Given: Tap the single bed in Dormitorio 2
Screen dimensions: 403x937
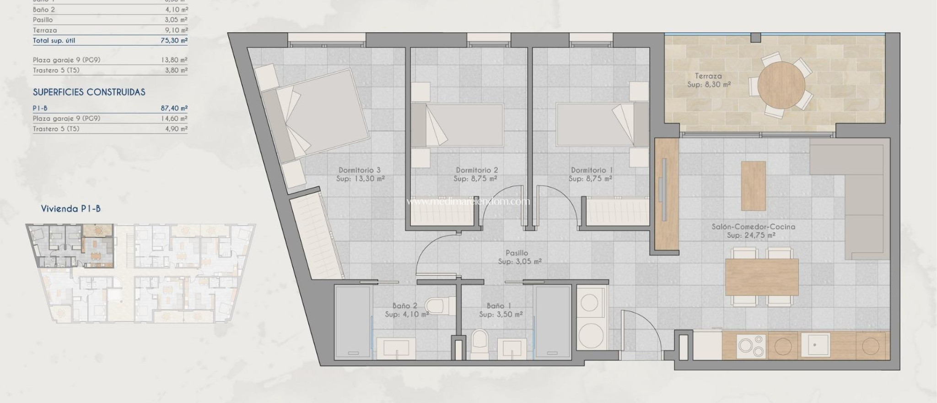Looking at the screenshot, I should [458, 125].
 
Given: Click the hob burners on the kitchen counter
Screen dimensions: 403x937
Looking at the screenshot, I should [752, 345].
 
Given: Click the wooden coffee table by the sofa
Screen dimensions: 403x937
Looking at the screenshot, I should [753, 185].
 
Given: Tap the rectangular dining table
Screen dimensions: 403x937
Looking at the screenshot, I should [762, 277].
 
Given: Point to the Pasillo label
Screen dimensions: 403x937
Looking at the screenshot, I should [517, 253].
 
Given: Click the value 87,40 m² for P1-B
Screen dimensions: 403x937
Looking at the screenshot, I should [174, 108].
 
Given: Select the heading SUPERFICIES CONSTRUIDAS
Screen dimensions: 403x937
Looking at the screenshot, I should [89, 92].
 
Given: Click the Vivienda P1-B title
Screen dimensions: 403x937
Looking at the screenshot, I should [71, 209].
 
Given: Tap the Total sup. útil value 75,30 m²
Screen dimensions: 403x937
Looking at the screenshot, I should [174, 40].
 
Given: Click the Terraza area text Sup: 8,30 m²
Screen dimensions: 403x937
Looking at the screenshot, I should [709, 85].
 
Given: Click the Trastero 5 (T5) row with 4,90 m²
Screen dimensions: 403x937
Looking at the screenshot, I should [110, 129].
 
